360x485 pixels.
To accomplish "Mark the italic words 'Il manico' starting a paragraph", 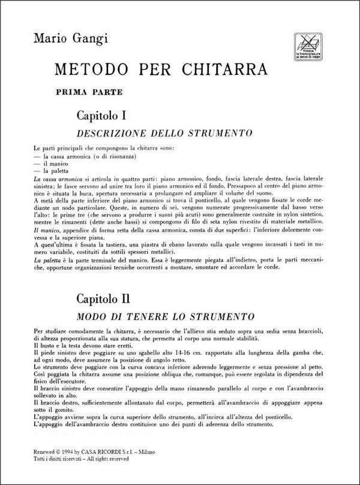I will pyautogui.click(x=46, y=230).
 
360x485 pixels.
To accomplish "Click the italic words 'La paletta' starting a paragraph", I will pyautogui.click(x=47, y=261).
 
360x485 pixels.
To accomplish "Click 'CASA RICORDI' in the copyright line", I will pyautogui.click(x=115, y=453).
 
